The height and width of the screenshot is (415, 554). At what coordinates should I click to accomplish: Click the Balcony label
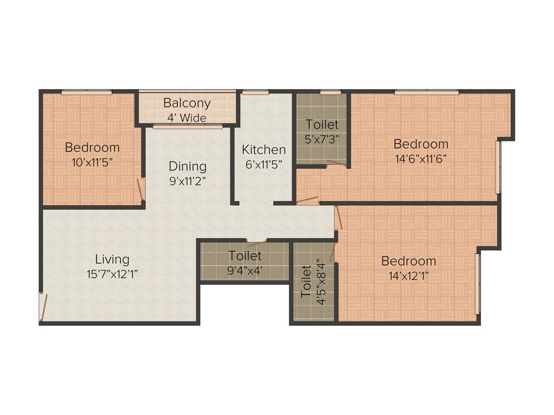click(x=187, y=103)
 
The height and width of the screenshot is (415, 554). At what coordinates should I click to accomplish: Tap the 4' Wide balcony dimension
click(x=187, y=117)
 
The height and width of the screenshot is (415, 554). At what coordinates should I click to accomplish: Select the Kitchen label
click(x=263, y=150)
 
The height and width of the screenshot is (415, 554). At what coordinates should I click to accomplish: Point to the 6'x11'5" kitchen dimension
click(x=263, y=164)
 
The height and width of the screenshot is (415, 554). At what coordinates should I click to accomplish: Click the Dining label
click(x=187, y=166)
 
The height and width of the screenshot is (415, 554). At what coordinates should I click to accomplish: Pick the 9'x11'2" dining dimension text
click(x=187, y=181)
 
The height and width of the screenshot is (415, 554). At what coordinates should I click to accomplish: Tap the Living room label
click(x=113, y=259)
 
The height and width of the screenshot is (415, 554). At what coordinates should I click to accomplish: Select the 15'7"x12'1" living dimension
click(x=113, y=274)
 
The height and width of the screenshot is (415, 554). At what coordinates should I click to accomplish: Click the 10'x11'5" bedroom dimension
click(x=93, y=162)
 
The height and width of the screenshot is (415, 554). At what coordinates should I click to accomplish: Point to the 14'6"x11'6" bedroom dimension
click(x=420, y=159)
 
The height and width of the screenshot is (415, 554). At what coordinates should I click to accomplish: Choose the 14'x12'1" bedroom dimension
click(x=408, y=276)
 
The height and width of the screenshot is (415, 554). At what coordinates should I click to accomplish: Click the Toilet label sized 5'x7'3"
click(x=322, y=125)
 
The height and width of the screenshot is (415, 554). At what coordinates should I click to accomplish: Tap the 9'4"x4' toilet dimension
click(x=245, y=270)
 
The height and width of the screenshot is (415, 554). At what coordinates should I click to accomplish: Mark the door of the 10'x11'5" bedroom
click(x=141, y=190)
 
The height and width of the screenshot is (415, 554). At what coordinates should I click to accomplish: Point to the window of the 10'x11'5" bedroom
click(x=86, y=92)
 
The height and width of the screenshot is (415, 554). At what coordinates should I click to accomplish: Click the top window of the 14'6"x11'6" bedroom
click(x=426, y=92)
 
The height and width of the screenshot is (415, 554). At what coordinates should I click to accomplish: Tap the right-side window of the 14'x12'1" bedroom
click(x=477, y=284)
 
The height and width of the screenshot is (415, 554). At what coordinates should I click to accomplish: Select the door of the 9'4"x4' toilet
click(x=256, y=240)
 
